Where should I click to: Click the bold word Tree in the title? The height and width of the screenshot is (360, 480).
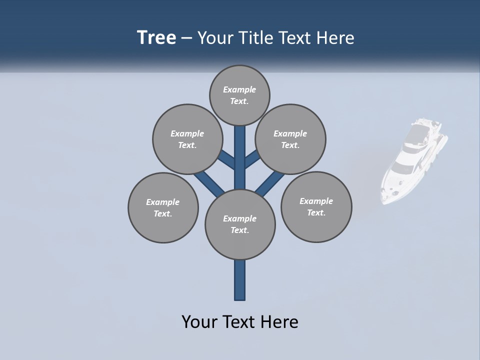(x=156, y=38)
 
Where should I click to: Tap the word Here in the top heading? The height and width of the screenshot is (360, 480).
(x=335, y=38)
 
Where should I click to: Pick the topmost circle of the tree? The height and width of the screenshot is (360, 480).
(x=239, y=95)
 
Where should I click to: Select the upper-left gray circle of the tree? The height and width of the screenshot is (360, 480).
(x=187, y=139)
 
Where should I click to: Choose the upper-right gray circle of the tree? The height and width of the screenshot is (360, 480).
(x=290, y=139)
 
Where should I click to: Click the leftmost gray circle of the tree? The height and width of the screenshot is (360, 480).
(x=163, y=207)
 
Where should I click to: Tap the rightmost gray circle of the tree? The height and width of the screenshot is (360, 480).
(x=316, y=206)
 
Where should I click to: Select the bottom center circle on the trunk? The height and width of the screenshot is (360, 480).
(x=240, y=224)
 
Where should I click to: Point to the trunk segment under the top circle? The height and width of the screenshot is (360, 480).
(x=240, y=150)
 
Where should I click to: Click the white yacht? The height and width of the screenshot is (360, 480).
(x=412, y=162)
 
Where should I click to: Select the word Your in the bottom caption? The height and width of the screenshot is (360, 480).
(x=198, y=322)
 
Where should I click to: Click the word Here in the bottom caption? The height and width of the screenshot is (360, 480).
(x=281, y=322)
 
